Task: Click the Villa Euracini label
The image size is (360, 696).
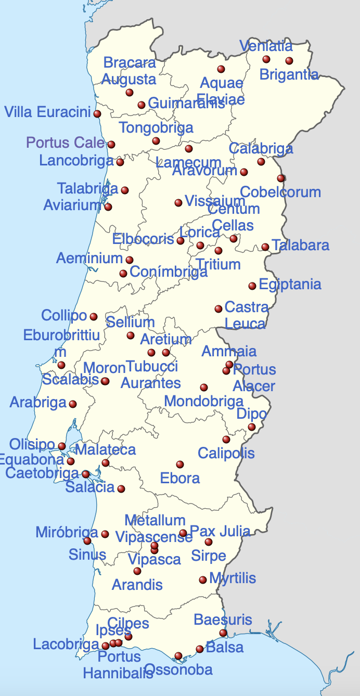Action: coord(47,112)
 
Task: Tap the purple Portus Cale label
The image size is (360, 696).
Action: coord(66,143)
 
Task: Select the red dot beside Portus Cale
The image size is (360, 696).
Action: coord(111,145)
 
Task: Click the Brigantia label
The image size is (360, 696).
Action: coord(289,74)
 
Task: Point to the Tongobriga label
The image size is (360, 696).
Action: coord(156,128)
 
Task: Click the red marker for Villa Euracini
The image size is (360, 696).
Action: coord(97,113)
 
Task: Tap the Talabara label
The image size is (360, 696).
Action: coord(300,245)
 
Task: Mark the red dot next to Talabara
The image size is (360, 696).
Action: coord(265,247)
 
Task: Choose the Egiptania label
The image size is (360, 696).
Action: coord(290,285)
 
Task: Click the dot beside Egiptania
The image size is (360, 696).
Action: coord(252,286)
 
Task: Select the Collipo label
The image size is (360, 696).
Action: coord(64,315)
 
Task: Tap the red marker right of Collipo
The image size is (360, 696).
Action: coord(94,316)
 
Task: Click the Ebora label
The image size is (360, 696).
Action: coord(180,478)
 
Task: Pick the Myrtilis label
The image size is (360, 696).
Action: coord(233,578)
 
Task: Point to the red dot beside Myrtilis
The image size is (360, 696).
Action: coord(203,579)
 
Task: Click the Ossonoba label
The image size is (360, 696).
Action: coord(178,669)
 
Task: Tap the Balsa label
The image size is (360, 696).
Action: coord(225,648)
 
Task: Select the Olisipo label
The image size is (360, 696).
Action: coord(32,444)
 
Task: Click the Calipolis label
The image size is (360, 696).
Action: coord(226,453)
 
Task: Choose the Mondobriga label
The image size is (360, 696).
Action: coord(203,401)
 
